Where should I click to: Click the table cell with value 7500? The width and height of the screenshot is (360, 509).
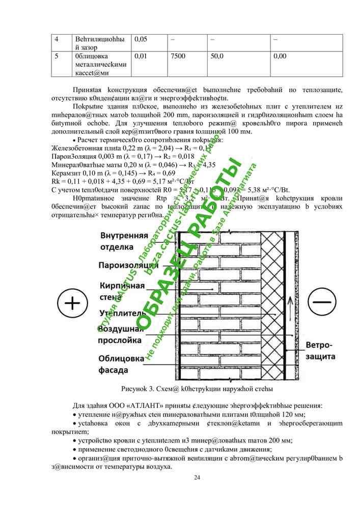coord(178,55)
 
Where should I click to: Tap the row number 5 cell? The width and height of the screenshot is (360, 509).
coord(56,55)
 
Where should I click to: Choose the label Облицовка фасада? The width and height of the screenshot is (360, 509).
coord(121,364)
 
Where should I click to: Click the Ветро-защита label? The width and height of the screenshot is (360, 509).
coord(320,351)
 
